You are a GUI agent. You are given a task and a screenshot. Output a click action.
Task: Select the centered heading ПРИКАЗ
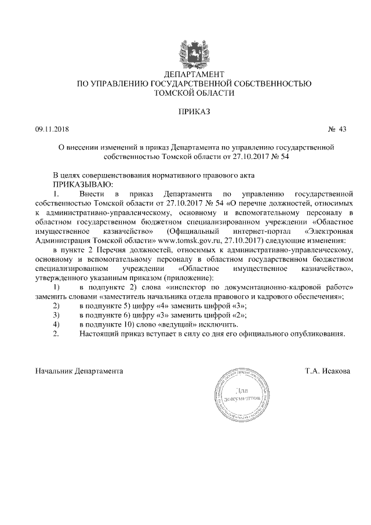coord(194,110)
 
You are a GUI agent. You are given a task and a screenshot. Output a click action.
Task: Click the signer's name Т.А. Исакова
coord(328,370)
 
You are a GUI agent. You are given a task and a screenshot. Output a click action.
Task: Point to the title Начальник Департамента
coord(79,370)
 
